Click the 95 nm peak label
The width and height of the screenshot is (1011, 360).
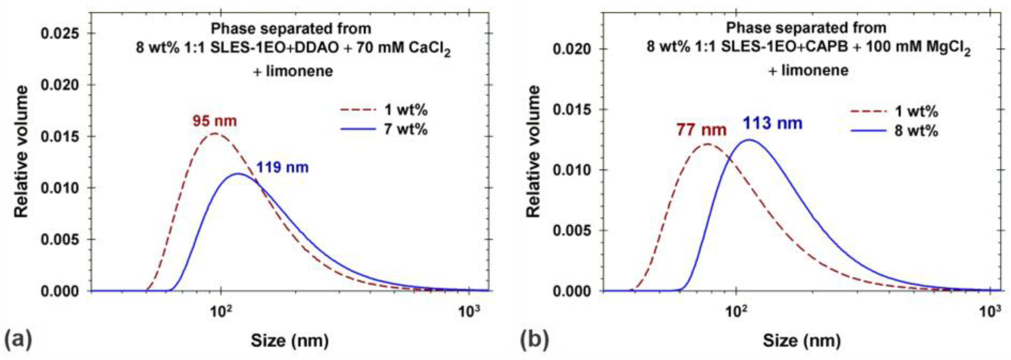215,121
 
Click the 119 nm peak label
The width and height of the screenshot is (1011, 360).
282,168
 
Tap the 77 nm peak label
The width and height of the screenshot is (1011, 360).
702,129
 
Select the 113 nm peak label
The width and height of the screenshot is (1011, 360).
772,124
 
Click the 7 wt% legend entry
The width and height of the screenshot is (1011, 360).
406,129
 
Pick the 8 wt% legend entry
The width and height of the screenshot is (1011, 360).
916,130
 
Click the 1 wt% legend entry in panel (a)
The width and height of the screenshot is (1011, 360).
406,110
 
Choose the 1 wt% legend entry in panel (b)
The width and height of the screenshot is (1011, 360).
916,111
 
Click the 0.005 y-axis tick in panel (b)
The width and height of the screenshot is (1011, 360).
572,231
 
